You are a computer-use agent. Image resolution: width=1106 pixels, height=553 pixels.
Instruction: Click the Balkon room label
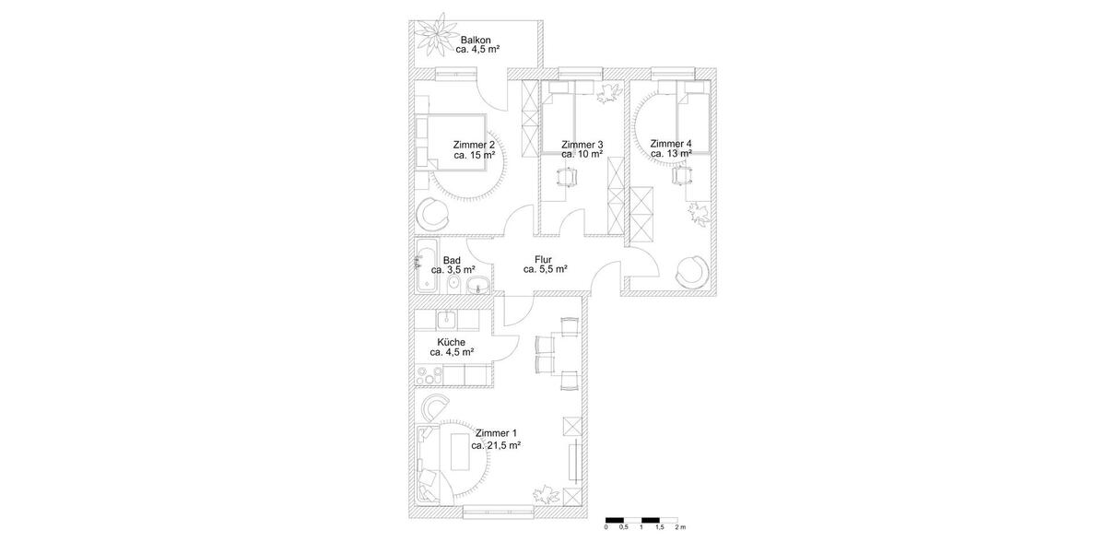(x=476, y=40)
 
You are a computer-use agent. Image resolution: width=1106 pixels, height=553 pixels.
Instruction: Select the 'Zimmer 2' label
(x=474, y=145)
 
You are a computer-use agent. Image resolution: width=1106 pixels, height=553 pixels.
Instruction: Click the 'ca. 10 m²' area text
(x=582, y=155)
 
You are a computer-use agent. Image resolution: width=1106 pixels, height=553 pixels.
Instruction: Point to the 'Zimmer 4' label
(x=670, y=144)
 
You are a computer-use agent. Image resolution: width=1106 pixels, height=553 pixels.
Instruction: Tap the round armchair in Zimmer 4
(x=691, y=271)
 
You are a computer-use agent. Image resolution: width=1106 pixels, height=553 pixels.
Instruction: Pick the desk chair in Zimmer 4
(x=682, y=175)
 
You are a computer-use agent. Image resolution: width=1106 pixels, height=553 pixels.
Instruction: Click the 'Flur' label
(x=544, y=259)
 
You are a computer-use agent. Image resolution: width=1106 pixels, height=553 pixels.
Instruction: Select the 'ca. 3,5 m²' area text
(x=453, y=271)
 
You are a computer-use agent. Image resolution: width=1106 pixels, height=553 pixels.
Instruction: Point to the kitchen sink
(x=445, y=320)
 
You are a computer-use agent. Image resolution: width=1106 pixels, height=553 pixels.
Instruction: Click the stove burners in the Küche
(x=429, y=375)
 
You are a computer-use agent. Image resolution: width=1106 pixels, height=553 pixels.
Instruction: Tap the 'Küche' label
(x=452, y=341)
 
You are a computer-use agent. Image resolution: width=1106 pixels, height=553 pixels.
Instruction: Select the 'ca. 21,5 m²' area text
(x=496, y=445)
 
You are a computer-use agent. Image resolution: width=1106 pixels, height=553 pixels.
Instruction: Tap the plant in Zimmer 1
(x=547, y=493)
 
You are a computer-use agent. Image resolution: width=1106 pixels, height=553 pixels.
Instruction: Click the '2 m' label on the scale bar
(x=680, y=528)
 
